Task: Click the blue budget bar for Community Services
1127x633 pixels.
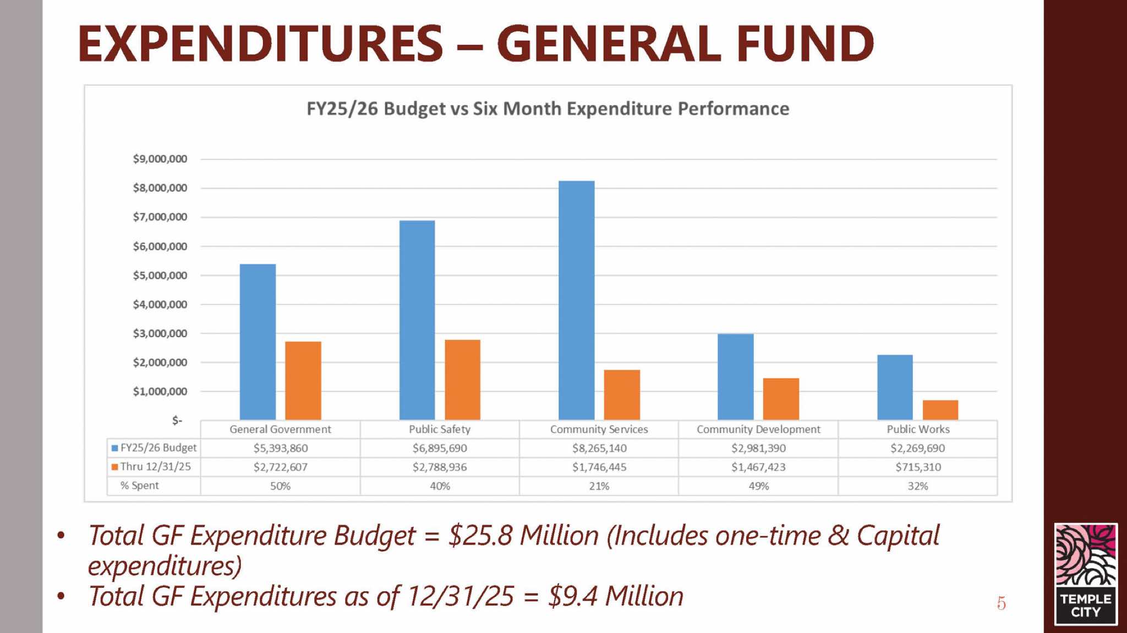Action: [x=576, y=300]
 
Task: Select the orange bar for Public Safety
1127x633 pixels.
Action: [x=462, y=379]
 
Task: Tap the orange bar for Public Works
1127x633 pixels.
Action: [x=940, y=410]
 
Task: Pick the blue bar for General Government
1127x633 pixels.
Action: [x=258, y=342]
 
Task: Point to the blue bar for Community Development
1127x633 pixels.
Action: [x=735, y=377]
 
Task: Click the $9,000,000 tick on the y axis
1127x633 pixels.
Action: [x=160, y=159]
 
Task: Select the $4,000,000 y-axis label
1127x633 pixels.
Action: [x=160, y=304]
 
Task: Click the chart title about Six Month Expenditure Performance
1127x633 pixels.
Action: [x=548, y=109]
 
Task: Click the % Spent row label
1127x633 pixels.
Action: [x=139, y=486]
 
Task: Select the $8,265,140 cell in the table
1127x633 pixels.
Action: [x=599, y=448]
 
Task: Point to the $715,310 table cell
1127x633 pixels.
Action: [x=917, y=467]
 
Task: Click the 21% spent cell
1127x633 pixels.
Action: [x=599, y=486]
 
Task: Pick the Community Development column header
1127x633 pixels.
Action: [x=758, y=429]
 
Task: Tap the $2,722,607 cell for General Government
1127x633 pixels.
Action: [x=280, y=467]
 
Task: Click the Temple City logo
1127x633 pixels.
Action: [x=1085, y=574]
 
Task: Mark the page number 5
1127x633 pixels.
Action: [x=1001, y=603]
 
